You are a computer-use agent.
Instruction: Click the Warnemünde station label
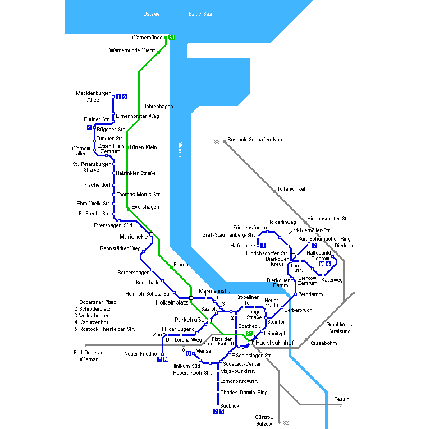pyautogui.click(x=147, y=38)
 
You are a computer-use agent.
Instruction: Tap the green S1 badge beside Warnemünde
pyautogui.click(x=172, y=38)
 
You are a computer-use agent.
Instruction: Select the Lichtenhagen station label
pyautogui.click(x=158, y=106)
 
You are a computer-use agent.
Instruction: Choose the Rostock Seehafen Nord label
pyautogui.click(x=256, y=139)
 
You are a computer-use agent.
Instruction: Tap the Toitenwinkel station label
pyautogui.click(x=291, y=189)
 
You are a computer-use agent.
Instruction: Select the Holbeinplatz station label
pyautogui.click(x=171, y=302)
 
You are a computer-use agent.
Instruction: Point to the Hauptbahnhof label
pyautogui.click(x=274, y=342)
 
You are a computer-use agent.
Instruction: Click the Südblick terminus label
pyautogui.click(x=230, y=405)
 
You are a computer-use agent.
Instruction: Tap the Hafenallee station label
pyautogui.click(x=243, y=245)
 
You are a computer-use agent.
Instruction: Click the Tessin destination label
pyautogui.click(x=342, y=399)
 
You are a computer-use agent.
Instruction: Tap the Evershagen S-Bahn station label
pyautogui.click(x=145, y=207)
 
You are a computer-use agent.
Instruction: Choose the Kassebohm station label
pyautogui.click(x=323, y=342)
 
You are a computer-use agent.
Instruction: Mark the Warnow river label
pyautogui.click(x=180, y=151)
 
